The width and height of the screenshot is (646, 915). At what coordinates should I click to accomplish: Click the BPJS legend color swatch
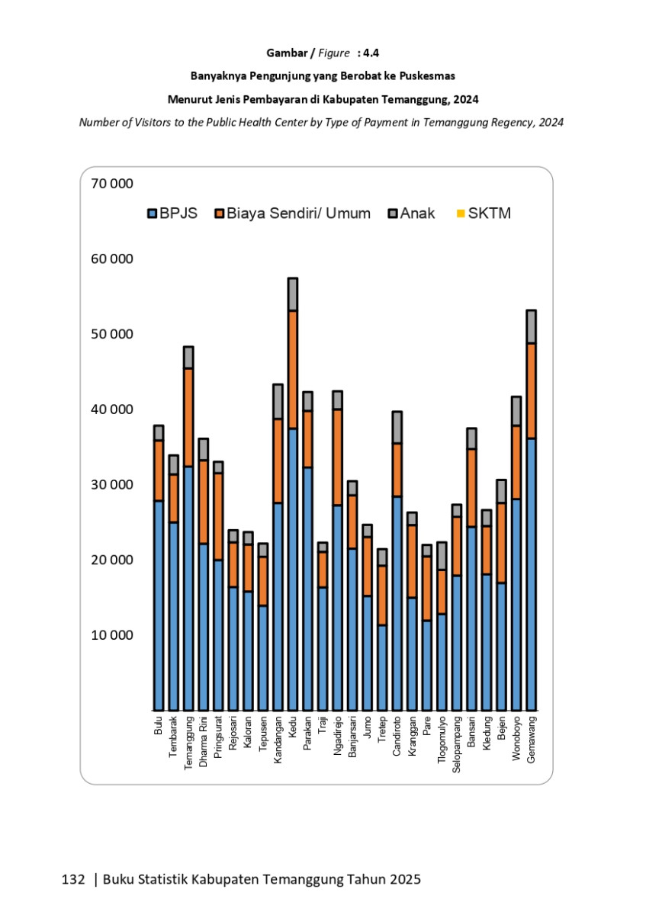pos(152,213)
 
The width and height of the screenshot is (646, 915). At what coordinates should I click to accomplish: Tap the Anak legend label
pos(417,213)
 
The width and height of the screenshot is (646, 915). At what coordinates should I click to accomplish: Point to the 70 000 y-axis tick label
pos(112,184)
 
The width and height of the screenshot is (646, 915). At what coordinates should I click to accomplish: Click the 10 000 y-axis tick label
pos(112,635)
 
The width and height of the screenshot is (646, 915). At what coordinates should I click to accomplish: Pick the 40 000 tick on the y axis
pos(112,409)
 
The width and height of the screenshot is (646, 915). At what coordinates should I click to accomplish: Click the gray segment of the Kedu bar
pos(293,294)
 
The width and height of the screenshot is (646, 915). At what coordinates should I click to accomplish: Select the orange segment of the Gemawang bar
pos(531,391)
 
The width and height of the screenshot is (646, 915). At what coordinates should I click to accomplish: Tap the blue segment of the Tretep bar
pos(382,668)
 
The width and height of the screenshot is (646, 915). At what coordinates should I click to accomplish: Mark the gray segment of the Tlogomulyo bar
pos(442,556)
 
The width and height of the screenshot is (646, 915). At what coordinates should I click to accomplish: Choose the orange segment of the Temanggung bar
pos(188,418)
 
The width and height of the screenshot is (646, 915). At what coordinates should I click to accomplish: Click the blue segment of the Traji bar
pos(323,649)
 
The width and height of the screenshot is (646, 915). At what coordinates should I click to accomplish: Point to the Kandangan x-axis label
pos(278,740)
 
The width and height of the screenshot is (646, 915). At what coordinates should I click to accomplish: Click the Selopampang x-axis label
pos(456,745)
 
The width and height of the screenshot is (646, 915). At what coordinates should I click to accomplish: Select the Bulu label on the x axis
pos(158,725)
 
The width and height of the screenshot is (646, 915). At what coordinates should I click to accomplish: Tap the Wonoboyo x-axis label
pos(516,739)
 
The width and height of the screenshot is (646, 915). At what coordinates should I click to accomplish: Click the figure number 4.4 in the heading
pos(371,53)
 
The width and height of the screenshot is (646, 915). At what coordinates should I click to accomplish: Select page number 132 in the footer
pos(73,879)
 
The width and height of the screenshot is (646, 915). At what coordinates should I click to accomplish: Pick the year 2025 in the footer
pos(405,879)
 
